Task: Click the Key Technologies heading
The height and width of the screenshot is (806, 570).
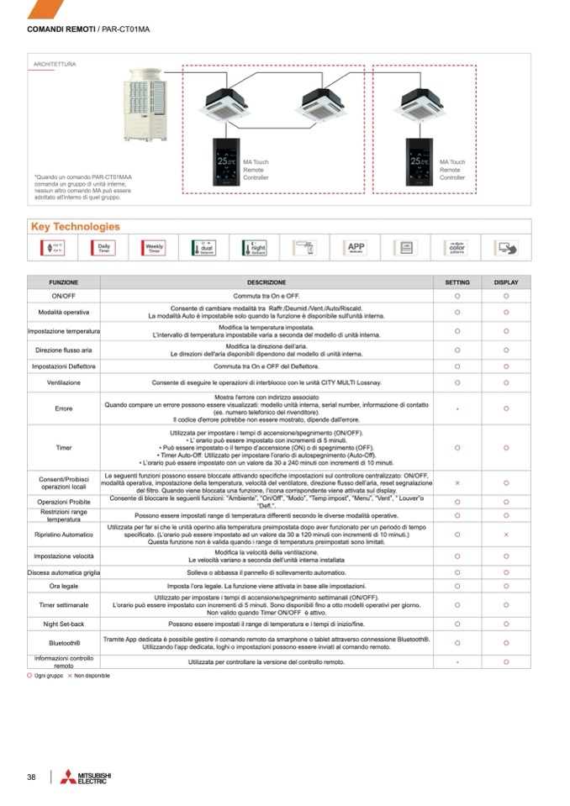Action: point(75,227)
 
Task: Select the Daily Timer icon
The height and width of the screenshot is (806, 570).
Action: point(104,248)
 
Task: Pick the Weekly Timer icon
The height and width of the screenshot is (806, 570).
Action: point(154,248)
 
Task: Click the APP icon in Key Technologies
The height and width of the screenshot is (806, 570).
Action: point(356,248)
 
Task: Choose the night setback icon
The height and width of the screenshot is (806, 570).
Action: point(254,248)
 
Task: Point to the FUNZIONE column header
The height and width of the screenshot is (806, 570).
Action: point(64,282)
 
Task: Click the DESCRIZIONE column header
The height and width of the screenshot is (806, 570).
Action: point(267,282)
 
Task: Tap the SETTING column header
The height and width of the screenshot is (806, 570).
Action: point(457,282)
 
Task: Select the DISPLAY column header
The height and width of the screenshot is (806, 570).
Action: point(506,282)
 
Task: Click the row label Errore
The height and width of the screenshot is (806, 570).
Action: point(64,408)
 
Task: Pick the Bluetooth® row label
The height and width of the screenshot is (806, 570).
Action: point(64,643)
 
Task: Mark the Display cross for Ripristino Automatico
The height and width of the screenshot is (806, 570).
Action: point(506,534)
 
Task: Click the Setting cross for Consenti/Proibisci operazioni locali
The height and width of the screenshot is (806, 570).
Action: point(457,483)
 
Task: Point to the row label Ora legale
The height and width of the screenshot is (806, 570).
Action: point(64,586)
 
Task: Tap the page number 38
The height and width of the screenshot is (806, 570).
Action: point(31,777)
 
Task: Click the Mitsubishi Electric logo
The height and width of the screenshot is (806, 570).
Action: point(85,777)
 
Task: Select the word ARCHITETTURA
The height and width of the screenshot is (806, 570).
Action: point(55,64)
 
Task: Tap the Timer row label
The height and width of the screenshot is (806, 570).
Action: point(64,447)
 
